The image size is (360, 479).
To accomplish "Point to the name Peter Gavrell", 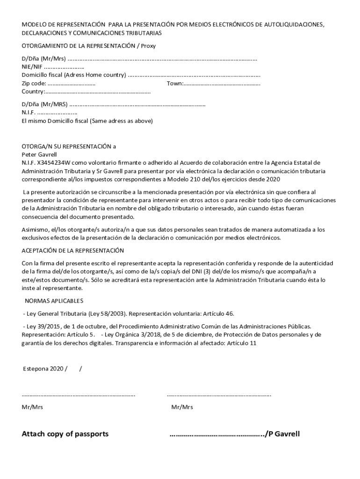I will click(39, 154).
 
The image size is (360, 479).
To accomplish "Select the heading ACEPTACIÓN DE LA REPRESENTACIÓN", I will click(72, 250).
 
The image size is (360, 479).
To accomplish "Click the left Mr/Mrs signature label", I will click(32, 407).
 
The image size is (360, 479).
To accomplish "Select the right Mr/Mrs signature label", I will click(182, 407).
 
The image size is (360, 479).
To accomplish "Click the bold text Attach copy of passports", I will click(65, 434).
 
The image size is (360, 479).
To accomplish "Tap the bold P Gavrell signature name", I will click(284, 434).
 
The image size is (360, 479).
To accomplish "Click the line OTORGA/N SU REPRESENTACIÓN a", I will click(69, 146).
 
